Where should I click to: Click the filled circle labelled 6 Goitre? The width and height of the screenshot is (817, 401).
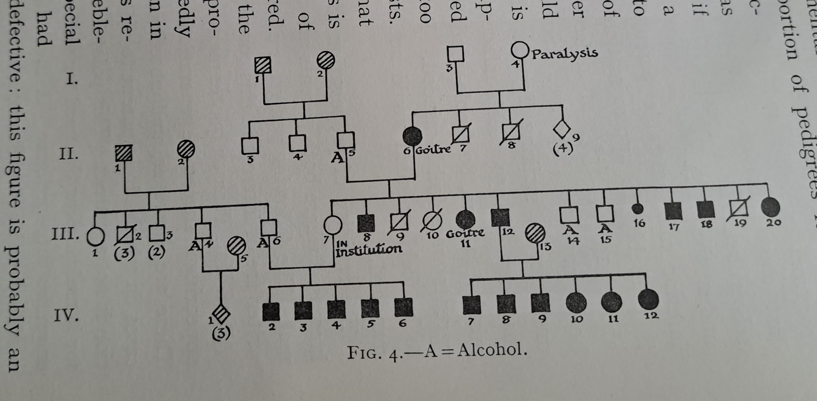tap(412, 137)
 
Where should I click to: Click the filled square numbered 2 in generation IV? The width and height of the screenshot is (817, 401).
tap(271, 311)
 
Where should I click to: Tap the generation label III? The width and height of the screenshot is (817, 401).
tap(65, 235)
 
